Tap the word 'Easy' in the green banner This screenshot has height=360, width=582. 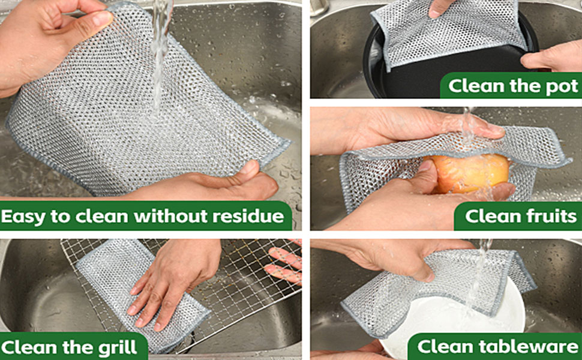point(22,216)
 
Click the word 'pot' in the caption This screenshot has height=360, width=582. point(562,86)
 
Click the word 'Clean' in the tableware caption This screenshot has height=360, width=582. point(444,346)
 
